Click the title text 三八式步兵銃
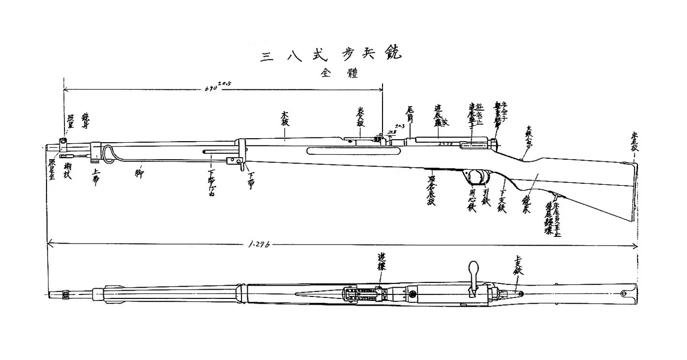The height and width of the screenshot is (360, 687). (x=332, y=55)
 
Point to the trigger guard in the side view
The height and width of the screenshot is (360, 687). (x=478, y=178)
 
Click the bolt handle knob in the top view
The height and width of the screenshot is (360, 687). (x=473, y=268)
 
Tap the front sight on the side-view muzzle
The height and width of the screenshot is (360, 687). (x=63, y=141)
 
